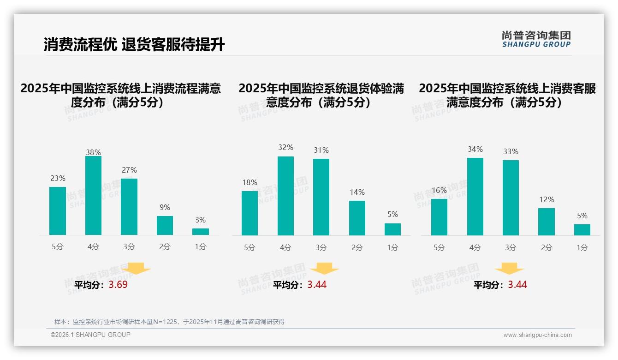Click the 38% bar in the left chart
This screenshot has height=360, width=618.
tap(93, 196)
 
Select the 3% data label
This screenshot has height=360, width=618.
tap(200, 220)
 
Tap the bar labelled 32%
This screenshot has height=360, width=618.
tap(285, 196)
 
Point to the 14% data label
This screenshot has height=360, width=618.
tap(357, 192)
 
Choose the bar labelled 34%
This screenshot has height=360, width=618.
tap(475, 197)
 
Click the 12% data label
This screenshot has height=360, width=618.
tap(547, 199)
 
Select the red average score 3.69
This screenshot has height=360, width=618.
tap(118, 285)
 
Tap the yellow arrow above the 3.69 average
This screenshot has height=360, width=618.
tap(136, 268)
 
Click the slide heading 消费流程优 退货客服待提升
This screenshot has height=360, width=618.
tap(134, 45)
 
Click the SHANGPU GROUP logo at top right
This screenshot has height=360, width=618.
tap(536, 39)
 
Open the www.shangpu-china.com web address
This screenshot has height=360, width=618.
tap(537, 335)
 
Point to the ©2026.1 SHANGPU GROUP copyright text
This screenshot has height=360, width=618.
tap(90, 335)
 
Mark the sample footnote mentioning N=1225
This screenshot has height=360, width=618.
tap(169, 322)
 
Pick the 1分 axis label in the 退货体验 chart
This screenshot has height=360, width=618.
tap(392, 247)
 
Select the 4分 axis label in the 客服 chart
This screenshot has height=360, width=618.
tap(475, 247)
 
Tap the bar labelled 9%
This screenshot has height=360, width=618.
tap(165, 225)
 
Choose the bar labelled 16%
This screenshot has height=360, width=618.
tap(439, 217)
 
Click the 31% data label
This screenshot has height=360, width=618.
tap(321, 150)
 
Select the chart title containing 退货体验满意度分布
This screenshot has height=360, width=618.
tap(321, 95)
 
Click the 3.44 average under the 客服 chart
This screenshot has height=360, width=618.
tap(517, 285)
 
